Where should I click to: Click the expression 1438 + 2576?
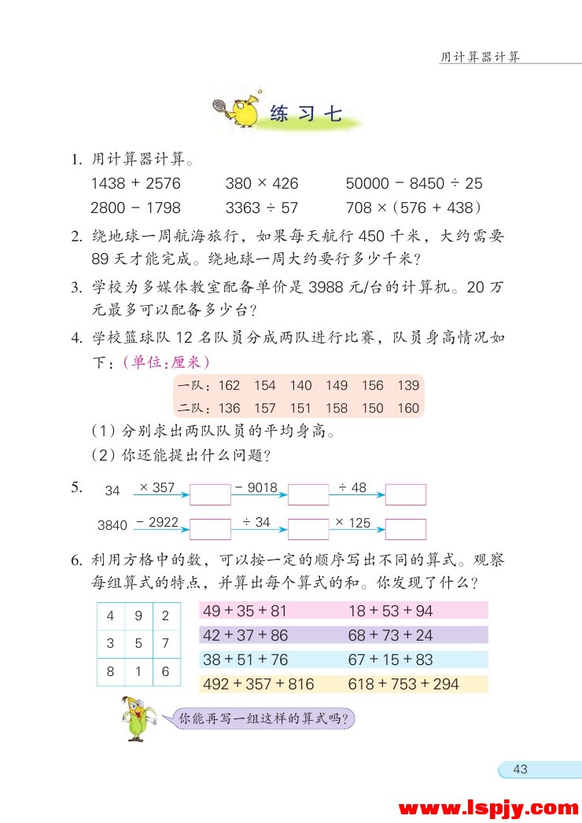coord(135,184)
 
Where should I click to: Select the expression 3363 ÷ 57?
coord(262,208)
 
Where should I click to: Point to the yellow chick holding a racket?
coord(238,113)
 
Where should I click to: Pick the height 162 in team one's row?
coord(229,385)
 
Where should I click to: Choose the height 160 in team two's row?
coord(408,408)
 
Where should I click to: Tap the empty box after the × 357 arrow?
coord(210,494)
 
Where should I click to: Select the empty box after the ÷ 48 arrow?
coord(405,494)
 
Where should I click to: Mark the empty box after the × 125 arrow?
coord(405,529)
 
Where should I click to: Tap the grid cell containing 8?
coord(111,671)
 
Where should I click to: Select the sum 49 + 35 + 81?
coord(245,611)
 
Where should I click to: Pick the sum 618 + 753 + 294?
coord(403,684)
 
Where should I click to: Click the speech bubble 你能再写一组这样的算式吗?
coord(262,718)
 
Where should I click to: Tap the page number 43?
coord(520,770)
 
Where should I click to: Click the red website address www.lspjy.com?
coord(488,807)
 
